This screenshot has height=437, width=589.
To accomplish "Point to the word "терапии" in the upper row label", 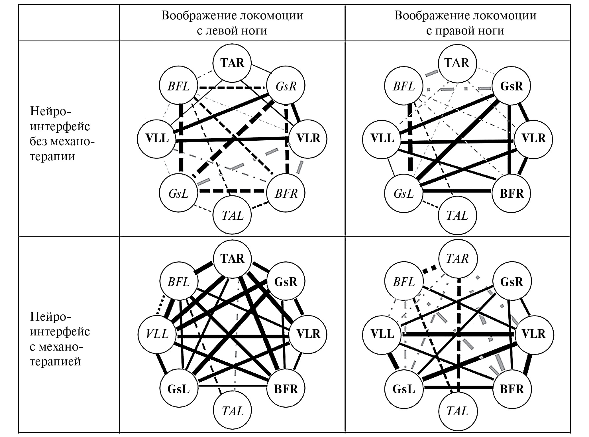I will tap(53, 156).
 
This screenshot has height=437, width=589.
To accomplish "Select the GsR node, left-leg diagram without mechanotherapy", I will tap(286, 86).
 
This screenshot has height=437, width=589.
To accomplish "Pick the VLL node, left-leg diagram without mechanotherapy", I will tap(157, 139).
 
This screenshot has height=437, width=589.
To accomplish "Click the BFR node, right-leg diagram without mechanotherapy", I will tap(511, 194).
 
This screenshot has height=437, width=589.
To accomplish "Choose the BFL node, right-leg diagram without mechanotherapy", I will tap(404, 86).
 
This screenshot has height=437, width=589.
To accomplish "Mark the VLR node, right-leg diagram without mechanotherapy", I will tap(533, 139).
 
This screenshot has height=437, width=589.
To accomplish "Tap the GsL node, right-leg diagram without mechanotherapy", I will tap(404, 194).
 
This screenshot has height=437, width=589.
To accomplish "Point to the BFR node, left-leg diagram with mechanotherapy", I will tap(286, 389).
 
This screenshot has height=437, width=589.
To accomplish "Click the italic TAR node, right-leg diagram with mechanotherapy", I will tap(457, 259).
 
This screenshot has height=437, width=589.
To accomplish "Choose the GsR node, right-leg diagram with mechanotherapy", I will tap(511, 282).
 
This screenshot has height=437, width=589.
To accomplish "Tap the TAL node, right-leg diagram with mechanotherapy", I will tap(457, 411).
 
